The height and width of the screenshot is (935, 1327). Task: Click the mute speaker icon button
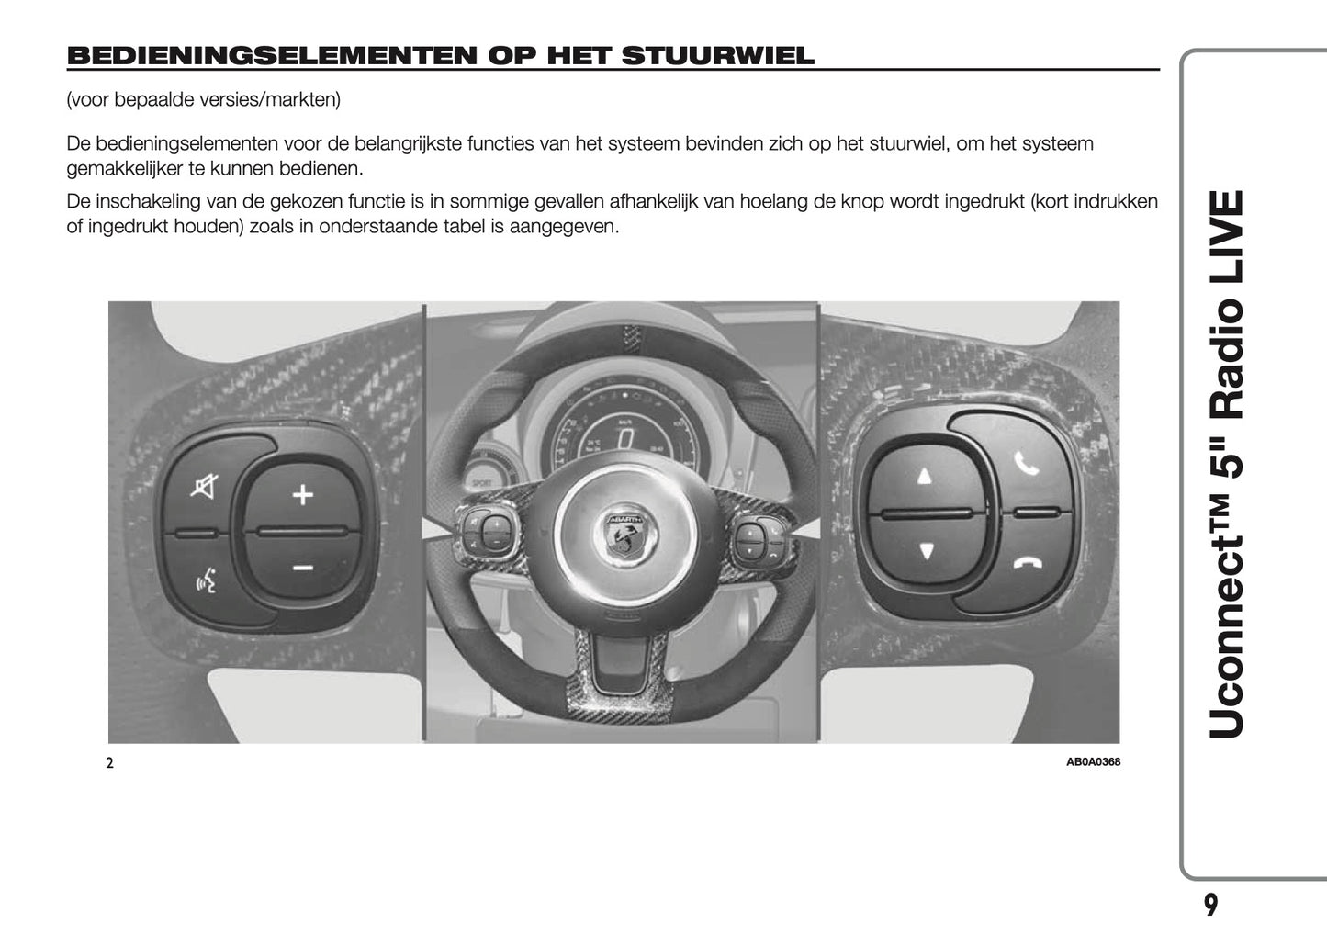[204, 486]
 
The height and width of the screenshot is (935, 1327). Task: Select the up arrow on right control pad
[924, 476]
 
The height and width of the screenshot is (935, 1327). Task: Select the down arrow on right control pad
[926, 551]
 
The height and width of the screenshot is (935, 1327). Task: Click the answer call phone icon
[1026, 464]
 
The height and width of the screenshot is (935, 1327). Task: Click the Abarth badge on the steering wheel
[627, 532]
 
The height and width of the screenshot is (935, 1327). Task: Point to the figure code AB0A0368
[1093, 761]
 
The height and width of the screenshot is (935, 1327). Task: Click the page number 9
[1210, 905]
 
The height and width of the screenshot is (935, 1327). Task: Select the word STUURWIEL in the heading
[717, 56]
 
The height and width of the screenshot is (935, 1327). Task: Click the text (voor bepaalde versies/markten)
[203, 99]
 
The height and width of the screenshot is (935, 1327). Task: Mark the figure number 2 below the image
[109, 762]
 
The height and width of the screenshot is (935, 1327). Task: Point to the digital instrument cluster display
[624, 438]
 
